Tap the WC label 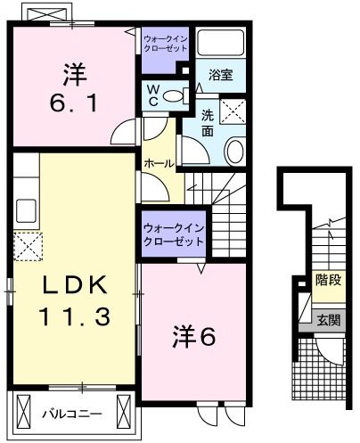pos(152,94)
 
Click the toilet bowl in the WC pos(176,95)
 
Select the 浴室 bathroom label pos(221,75)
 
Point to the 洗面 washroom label pos(206,121)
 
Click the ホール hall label pos(159,164)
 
